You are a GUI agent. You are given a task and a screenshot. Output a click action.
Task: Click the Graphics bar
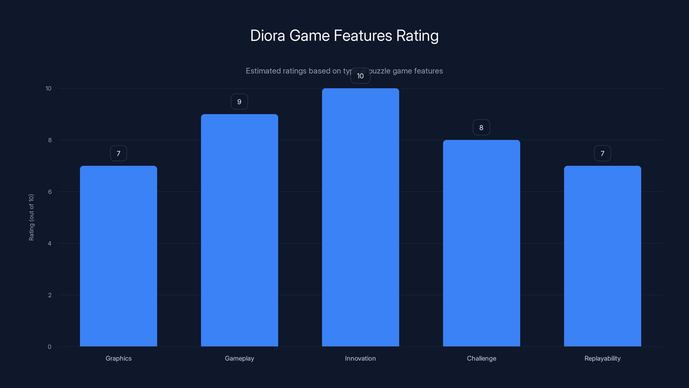(x=118, y=256)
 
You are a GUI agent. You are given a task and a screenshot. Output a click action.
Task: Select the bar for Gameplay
(x=239, y=230)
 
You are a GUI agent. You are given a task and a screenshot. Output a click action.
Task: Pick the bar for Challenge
(x=481, y=243)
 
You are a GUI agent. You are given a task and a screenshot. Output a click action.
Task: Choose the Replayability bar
(x=602, y=256)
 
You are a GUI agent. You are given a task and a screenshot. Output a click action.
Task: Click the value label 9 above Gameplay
(x=239, y=102)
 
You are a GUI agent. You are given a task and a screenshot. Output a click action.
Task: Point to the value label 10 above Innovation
(x=360, y=76)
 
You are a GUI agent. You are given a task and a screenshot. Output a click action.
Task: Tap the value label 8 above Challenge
(x=481, y=128)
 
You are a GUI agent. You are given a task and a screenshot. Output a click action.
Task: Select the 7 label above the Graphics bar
(x=118, y=153)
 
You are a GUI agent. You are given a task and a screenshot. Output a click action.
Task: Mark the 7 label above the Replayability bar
(x=602, y=153)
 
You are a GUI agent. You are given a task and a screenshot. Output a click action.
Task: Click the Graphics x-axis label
(x=118, y=358)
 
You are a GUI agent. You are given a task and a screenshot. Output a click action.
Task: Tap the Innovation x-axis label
(x=360, y=358)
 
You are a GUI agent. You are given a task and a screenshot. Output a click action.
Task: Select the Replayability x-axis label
(x=602, y=358)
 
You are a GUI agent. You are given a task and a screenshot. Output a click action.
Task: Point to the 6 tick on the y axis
(x=50, y=192)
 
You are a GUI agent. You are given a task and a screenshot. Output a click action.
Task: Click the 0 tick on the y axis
(x=50, y=347)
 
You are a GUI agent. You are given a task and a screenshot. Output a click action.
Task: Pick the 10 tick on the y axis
(x=48, y=88)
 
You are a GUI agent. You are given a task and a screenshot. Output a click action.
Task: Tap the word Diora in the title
(x=267, y=36)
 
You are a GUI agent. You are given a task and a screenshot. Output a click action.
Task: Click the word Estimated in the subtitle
(x=263, y=71)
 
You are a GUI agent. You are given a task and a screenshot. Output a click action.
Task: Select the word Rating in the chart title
(x=417, y=36)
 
